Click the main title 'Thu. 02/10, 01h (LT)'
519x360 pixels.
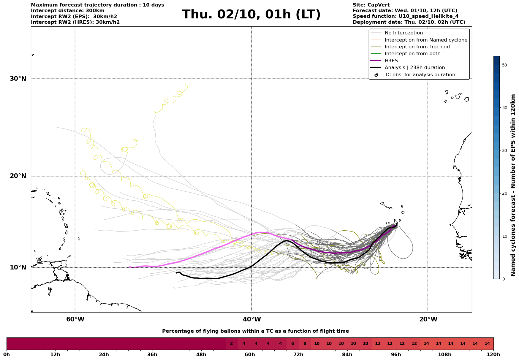click(x=251, y=15)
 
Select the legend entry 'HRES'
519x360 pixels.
click(x=391, y=61)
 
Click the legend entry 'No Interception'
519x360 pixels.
click(x=404, y=33)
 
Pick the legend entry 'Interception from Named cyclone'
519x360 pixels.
click(x=426, y=40)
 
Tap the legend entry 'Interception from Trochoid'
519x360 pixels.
click(x=417, y=47)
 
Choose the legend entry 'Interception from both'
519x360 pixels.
click(x=412, y=54)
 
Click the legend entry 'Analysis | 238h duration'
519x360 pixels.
click(x=414, y=68)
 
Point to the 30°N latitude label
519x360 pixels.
click(x=18, y=79)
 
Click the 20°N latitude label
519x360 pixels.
click(x=18, y=176)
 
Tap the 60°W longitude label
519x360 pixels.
click(x=75, y=319)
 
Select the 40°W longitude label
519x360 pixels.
click(x=252, y=319)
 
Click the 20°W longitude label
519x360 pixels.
click(x=428, y=319)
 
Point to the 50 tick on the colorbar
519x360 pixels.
click(x=504, y=65)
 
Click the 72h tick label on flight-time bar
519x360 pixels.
click(x=298, y=355)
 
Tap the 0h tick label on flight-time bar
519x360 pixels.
click(x=7, y=355)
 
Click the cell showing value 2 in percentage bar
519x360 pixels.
click(x=232, y=344)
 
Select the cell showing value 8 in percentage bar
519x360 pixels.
click(x=305, y=344)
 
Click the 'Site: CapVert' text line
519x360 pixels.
click(x=371, y=5)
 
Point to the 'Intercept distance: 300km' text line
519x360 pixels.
click(x=68, y=11)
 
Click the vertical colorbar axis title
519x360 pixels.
click(x=513, y=185)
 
